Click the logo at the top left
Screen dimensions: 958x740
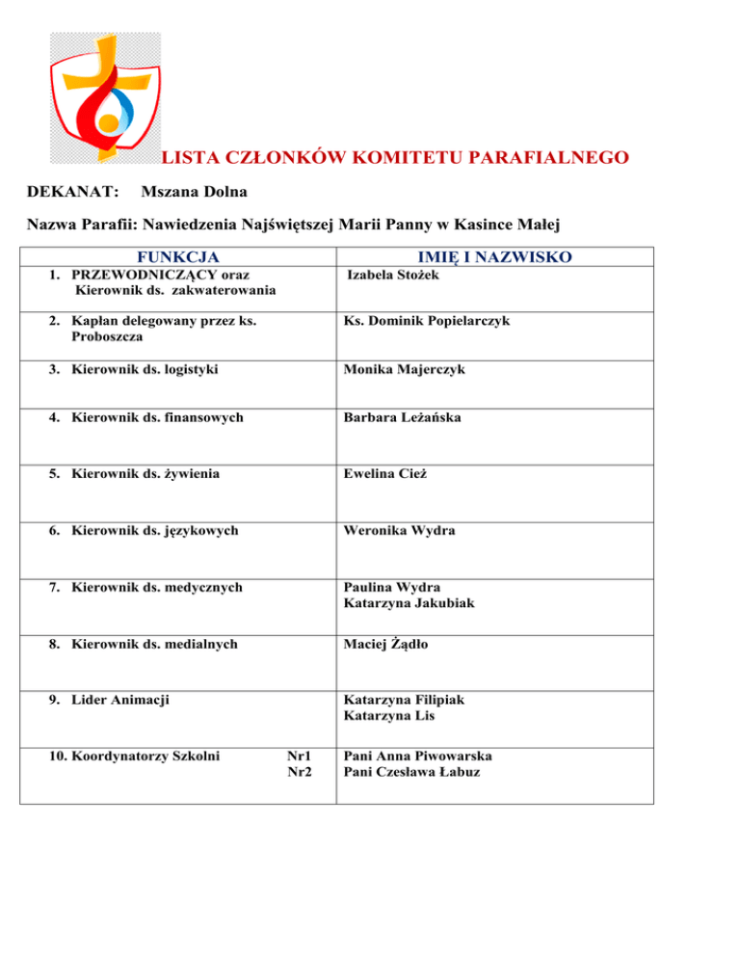[x=105, y=96]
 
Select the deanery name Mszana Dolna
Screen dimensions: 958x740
[x=194, y=194]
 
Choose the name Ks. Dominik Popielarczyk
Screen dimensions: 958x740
[x=426, y=321]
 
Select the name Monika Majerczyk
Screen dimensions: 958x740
[x=404, y=369]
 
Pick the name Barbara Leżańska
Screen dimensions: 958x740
[x=404, y=417]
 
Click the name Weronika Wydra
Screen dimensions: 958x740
[x=399, y=530]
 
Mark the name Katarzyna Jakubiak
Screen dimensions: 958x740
[x=410, y=602]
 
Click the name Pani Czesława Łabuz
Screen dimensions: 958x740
[x=411, y=772]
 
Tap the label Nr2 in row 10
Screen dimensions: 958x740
[x=300, y=772]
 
